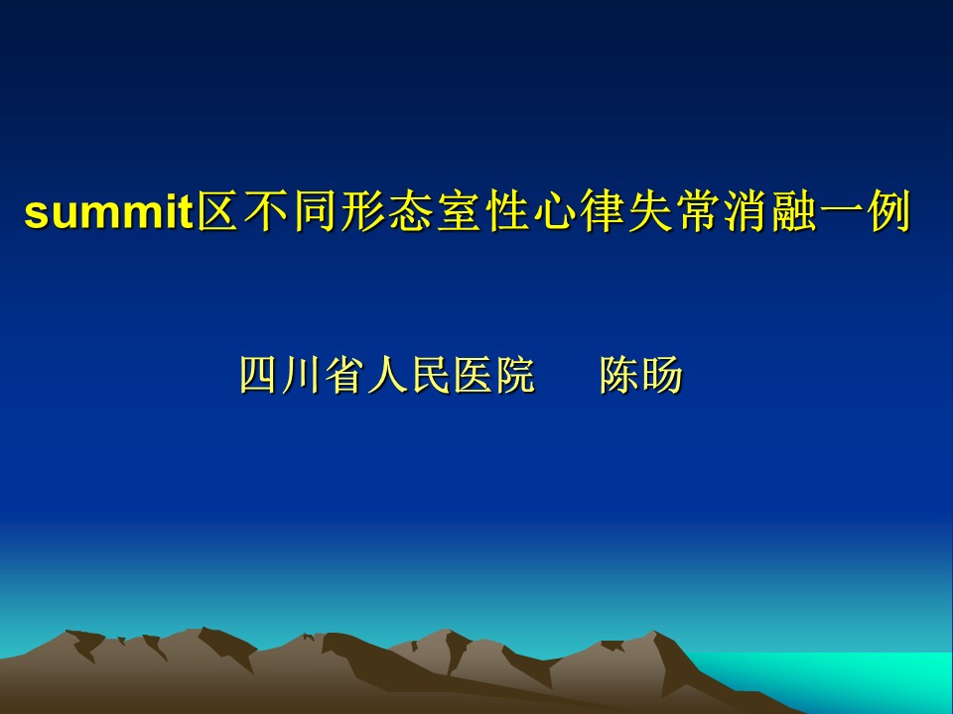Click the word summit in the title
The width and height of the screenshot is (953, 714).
[x=109, y=211]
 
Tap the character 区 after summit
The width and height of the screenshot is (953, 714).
[x=217, y=210]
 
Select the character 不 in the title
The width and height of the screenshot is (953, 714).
[x=266, y=210]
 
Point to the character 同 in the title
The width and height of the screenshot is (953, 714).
[x=314, y=210]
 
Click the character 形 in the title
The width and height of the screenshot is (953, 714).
[x=361, y=210]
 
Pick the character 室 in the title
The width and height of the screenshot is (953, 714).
[x=458, y=210]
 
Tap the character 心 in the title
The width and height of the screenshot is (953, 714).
[x=554, y=210]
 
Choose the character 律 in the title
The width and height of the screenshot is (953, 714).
[x=602, y=210]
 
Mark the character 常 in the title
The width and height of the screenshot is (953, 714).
[x=698, y=210]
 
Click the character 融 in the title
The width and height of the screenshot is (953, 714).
[x=794, y=210]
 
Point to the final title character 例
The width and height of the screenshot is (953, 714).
[x=889, y=210]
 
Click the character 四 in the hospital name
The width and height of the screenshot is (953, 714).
[x=258, y=375]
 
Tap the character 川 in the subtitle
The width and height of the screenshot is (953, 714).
[x=301, y=375]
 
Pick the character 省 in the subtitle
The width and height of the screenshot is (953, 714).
[x=344, y=375]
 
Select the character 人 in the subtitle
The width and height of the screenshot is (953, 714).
[x=387, y=375]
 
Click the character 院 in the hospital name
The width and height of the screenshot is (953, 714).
[x=516, y=375]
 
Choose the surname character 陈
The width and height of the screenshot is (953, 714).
[x=619, y=375]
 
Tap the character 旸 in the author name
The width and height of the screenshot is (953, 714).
[x=662, y=375]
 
